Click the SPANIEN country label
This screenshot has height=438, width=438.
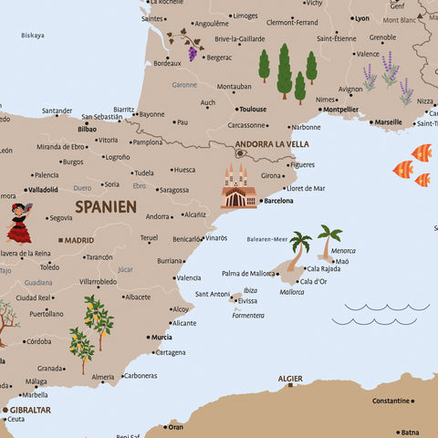point(106,206)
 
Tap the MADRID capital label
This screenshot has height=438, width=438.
point(79,240)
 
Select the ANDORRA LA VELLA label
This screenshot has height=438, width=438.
point(272,143)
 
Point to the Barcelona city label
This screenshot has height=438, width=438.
point(278,200)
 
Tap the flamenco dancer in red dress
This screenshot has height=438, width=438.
point(19,223)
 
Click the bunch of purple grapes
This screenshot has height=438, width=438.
point(193,52)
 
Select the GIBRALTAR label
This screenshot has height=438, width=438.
point(30,410)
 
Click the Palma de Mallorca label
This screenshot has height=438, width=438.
point(247,273)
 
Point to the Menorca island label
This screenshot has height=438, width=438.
point(343,250)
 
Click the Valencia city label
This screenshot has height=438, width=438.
point(189,277)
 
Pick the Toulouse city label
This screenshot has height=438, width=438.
point(253,109)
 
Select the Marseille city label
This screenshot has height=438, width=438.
point(388,121)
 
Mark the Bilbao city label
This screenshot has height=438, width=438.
point(88,130)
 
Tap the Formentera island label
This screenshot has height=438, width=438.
point(248,315)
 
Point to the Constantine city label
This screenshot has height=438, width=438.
point(391,401)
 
